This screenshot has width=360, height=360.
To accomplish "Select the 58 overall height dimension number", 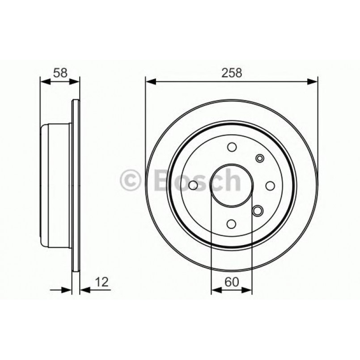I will tap(60, 73).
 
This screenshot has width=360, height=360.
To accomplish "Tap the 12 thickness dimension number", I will tap(102, 282).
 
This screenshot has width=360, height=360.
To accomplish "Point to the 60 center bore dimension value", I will tap(231, 282).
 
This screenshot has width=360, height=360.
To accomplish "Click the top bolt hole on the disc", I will tap(232, 147).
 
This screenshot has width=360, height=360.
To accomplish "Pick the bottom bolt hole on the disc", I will tap(232, 224).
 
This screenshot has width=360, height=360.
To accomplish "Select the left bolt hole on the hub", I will tap(193, 185).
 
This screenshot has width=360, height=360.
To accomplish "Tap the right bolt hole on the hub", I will tap(270, 185).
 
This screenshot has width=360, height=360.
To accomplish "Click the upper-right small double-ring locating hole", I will tap(259, 158).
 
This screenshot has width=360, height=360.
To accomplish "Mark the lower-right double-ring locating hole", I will tap(258, 211).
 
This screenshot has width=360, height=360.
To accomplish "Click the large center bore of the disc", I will tap(232, 185).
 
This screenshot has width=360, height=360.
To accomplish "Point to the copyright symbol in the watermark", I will tap(131, 180).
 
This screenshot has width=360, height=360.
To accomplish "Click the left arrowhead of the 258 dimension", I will tap(150, 81).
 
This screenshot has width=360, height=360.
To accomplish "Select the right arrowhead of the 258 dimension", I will tap(313, 81).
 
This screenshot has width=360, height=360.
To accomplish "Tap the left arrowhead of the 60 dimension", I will tap(215, 290).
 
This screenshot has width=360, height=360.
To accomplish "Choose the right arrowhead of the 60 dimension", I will tap(248, 290).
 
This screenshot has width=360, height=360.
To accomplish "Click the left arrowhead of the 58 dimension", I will tap(44, 81).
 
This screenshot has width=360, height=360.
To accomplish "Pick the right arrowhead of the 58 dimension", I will tap(76, 81).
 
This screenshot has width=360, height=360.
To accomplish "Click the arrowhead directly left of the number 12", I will tap(84, 290).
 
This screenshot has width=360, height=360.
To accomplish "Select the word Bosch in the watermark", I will tap(197, 180).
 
